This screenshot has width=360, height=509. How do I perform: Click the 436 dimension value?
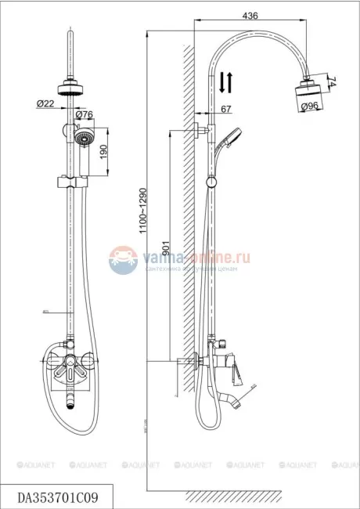point(251,16)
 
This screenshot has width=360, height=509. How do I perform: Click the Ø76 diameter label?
point(85,115)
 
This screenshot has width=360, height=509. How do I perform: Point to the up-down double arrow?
point(224,81)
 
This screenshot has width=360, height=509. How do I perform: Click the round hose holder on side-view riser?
point(210,182)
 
